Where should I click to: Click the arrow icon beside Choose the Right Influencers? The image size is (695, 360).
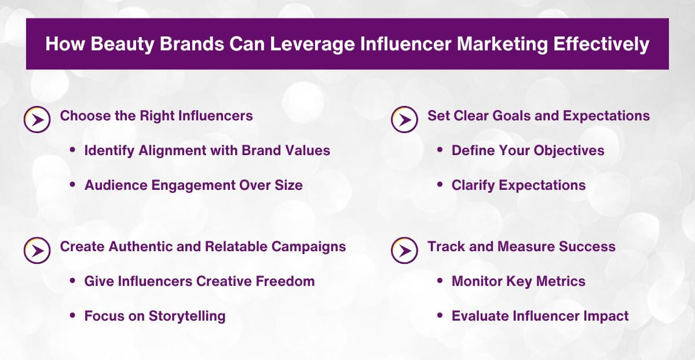36,120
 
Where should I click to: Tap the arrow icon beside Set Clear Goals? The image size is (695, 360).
404,120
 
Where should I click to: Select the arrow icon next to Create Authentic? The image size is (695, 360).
36,251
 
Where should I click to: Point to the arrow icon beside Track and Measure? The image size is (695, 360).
404,251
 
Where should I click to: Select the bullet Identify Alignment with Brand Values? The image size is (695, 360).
207,150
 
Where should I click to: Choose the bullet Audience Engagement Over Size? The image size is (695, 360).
193,185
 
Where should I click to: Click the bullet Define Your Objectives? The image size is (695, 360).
528,150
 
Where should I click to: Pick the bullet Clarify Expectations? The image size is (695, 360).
518,185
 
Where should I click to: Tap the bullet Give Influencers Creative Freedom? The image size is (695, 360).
199,281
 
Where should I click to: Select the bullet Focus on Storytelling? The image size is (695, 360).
155,316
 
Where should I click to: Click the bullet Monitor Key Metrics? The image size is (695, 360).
518,281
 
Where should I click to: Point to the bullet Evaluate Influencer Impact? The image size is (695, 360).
540,316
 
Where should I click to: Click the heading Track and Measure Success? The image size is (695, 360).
521,247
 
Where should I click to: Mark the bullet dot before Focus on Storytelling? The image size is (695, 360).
72,315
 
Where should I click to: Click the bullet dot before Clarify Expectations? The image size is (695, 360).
440,185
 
